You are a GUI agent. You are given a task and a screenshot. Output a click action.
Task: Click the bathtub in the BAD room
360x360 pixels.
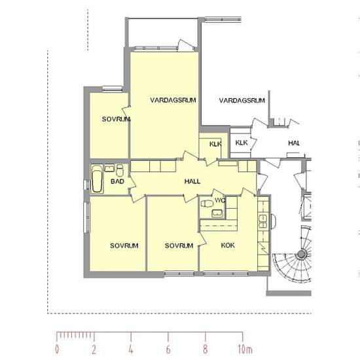coord(97,179)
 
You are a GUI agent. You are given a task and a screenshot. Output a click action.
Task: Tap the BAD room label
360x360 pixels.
coord(117,181)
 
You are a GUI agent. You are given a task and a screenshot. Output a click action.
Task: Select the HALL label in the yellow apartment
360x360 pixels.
coord(192,181)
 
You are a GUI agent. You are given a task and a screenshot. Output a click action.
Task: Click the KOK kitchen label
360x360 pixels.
coord(228,245)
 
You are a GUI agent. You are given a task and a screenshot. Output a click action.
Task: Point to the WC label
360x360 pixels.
coord(220,200)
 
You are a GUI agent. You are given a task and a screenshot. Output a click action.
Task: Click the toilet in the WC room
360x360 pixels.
coord(206,204)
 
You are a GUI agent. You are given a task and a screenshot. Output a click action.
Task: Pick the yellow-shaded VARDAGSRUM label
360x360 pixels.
coord(173,100)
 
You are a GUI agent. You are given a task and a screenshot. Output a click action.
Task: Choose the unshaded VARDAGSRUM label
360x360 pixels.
coord(242,100)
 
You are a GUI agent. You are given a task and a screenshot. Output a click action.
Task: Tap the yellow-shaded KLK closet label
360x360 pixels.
coord(215,144)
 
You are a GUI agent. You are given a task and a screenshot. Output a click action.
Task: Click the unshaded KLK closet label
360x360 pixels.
coord(242,143)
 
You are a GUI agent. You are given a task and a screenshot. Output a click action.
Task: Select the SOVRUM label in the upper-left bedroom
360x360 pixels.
coord(116,119)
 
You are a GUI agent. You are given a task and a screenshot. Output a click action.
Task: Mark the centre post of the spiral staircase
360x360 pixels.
coord(301,254)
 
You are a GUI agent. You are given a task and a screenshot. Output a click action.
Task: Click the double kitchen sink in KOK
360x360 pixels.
coord(262,221)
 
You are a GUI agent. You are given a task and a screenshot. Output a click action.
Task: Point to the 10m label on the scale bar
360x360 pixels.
coord(245,350)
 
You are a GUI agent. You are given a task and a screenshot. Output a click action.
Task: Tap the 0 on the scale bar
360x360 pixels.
coord(57,350)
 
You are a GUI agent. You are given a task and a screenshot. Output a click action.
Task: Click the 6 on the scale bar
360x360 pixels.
coord(168,350)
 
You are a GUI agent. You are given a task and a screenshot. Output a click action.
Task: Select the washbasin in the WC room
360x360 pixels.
coord(217,213)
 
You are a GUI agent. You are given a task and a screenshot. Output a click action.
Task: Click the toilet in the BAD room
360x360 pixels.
coord(120,170)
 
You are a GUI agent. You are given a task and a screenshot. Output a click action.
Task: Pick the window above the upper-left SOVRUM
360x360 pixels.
coord(112,89)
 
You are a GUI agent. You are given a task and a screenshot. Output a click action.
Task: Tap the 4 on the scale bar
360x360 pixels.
coord(131,350)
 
